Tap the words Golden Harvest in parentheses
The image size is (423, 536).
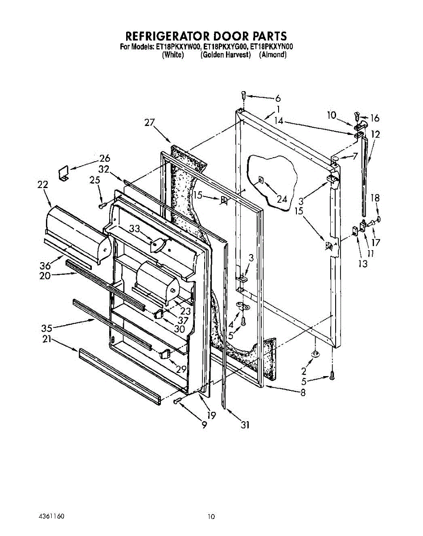click(226, 55)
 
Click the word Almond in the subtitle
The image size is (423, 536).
click(272, 55)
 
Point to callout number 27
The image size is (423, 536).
click(150, 122)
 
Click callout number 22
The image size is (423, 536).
click(43, 184)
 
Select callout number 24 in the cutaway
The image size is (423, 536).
click(282, 199)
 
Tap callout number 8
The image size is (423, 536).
click(303, 394)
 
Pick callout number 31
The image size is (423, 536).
click(245, 425)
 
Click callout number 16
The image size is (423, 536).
click(374, 118)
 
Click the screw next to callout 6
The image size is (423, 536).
click(243, 95)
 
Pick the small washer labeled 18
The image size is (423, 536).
click(378, 219)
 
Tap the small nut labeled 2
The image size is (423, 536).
click(315, 354)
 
